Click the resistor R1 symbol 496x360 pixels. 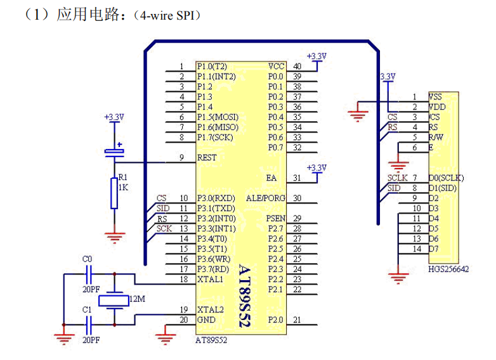(x=114, y=193)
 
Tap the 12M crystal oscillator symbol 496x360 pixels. (x=114, y=298)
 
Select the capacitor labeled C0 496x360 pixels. (x=89, y=274)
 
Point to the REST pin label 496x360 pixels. (x=207, y=157)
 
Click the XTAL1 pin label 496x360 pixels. (x=210, y=279)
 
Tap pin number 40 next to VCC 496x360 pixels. (x=297, y=67)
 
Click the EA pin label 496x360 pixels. (x=272, y=177)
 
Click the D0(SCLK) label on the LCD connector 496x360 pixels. (x=447, y=177)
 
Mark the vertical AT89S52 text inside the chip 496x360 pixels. (x=244, y=295)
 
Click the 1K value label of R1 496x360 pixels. (x=123, y=188)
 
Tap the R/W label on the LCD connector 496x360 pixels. (x=436, y=137)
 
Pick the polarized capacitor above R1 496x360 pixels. (x=114, y=151)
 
